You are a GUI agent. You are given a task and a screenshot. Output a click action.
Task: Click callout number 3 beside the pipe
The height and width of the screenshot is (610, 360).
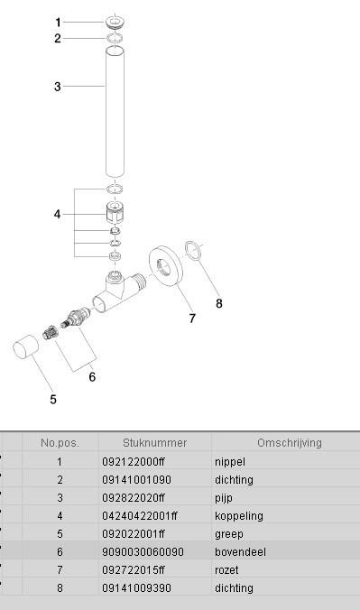(58, 87)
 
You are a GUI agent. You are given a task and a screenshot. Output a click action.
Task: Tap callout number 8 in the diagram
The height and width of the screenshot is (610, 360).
(219, 303)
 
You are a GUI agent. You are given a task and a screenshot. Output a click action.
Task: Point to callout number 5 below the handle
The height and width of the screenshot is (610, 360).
(53, 400)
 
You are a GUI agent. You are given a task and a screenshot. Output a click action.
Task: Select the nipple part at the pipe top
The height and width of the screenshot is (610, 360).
(115, 22)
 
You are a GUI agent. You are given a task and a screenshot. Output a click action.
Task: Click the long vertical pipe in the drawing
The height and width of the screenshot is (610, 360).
(115, 111)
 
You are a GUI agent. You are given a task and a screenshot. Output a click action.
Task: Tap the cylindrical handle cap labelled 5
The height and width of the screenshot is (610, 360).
(26, 347)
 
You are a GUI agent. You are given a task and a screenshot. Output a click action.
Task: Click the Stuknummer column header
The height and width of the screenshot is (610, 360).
(155, 443)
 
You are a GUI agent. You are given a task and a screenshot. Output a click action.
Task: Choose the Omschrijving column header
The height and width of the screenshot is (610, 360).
(290, 443)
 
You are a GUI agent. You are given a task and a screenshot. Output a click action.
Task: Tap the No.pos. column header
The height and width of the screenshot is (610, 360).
(60, 443)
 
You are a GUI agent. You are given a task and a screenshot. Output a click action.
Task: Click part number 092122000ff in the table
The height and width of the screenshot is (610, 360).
(134, 462)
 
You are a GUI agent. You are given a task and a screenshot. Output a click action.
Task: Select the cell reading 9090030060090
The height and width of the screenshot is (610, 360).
(143, 552)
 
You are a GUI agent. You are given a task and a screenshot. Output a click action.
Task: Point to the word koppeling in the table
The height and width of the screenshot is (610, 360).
(239, 516)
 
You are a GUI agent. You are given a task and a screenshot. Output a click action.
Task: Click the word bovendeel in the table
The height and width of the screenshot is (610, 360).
(241, 552)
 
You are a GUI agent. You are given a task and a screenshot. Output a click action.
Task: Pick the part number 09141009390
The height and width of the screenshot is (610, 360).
(136, 587)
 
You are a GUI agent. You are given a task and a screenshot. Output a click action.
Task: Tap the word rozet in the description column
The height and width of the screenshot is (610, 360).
(226, 570)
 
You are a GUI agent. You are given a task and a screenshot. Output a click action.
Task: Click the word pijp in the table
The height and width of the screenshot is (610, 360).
(224, 498)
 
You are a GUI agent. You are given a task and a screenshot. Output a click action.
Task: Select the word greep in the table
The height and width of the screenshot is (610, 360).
(229, 534)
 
